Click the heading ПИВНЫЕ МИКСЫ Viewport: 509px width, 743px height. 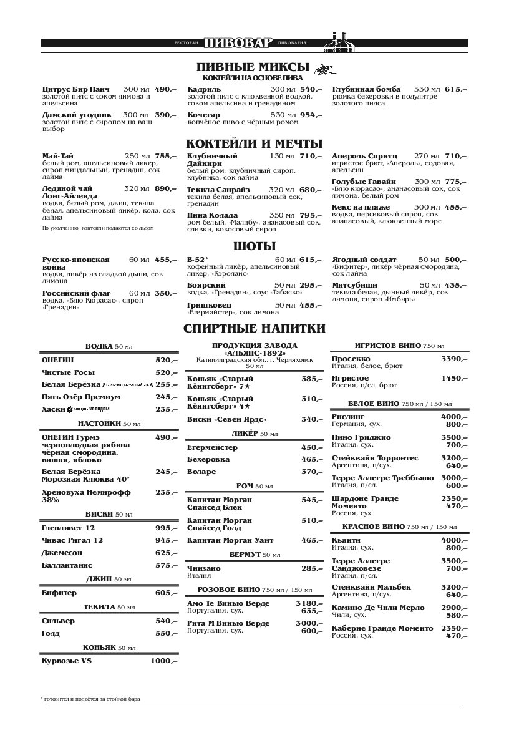pos(253,67)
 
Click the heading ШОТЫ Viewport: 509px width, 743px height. pos(254,246)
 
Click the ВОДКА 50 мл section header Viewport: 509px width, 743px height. pos(109,346)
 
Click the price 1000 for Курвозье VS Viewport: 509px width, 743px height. pos(164,661)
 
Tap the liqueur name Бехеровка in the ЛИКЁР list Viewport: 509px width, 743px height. pos(208,459)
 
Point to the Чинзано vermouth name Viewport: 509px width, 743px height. pos(204,568)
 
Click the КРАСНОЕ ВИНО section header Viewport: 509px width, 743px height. pos(399,527)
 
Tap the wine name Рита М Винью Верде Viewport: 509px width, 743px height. pos(228,623)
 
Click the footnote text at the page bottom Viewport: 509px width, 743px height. pos(90,699)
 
